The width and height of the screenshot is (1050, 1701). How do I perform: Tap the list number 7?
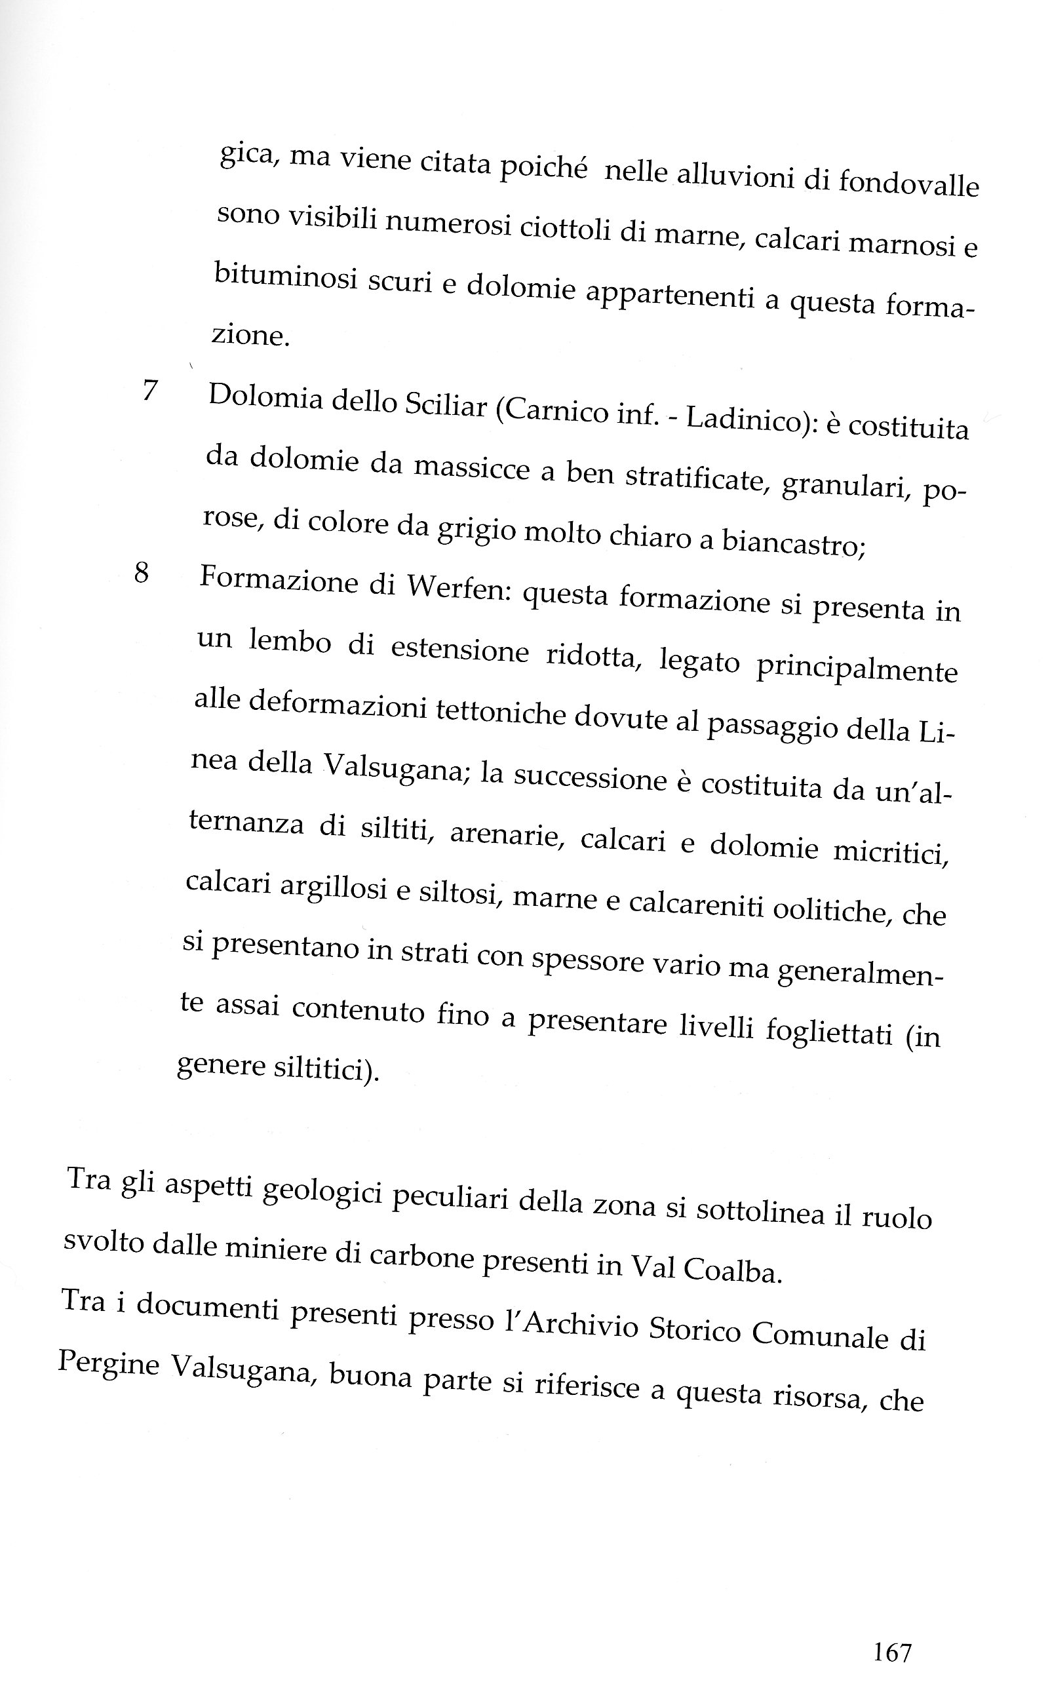[150, 390]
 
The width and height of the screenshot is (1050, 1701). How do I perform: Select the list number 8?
[142, 573]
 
